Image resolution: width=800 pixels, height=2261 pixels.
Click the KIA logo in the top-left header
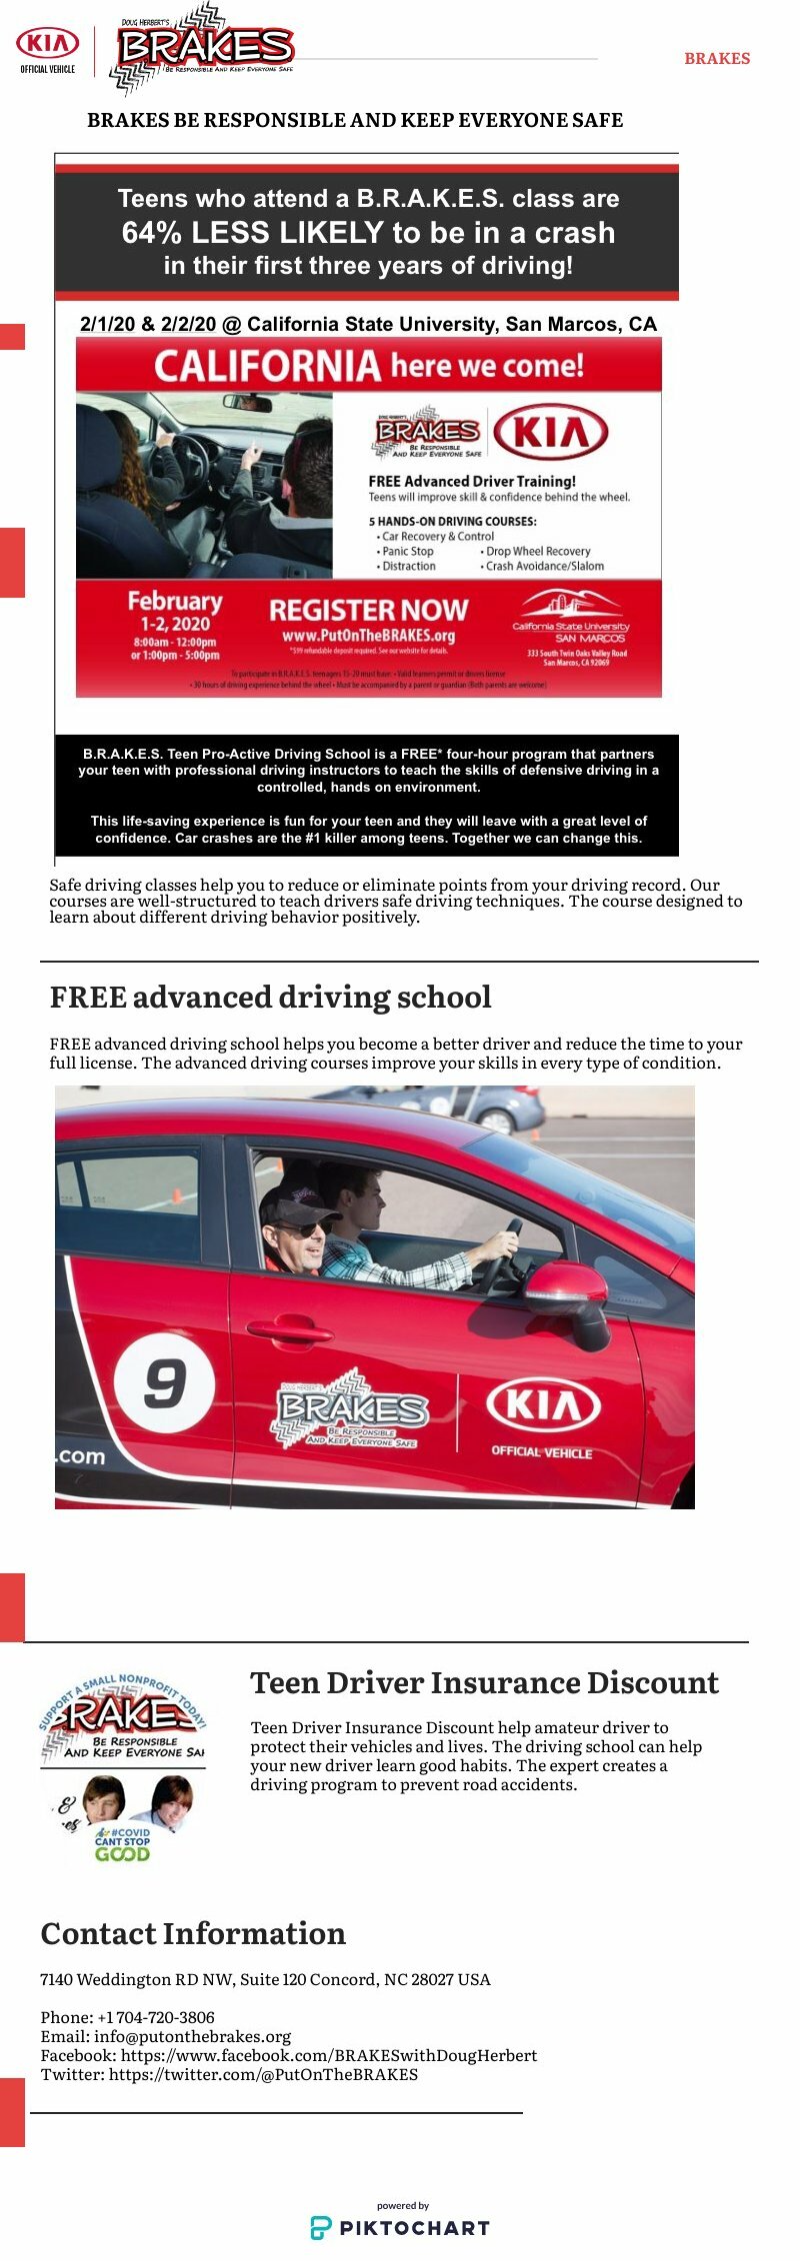(47, 44)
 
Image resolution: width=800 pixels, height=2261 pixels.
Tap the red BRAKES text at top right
(717, 59)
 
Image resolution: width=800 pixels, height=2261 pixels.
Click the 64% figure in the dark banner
(153, 233)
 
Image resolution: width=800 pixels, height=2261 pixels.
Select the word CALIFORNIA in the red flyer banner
(267, 367)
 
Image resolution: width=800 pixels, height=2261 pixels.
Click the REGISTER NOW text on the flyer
(368, 610)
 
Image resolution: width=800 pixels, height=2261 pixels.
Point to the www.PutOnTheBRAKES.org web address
(368, 636)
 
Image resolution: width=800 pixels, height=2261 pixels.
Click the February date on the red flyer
(175, 602)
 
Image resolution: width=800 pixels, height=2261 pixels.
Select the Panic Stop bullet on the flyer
(407, 551)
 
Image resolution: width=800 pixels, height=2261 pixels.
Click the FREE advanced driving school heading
(270, 998)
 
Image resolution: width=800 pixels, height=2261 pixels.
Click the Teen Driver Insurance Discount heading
(484, 1683)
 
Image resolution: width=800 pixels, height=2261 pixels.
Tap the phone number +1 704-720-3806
(156, 2017)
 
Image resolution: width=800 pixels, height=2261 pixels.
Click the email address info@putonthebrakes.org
(193, 2036)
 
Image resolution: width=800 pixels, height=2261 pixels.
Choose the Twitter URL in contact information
(263, 2074)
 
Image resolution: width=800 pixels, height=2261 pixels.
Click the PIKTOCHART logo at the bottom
(400, 2227)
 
